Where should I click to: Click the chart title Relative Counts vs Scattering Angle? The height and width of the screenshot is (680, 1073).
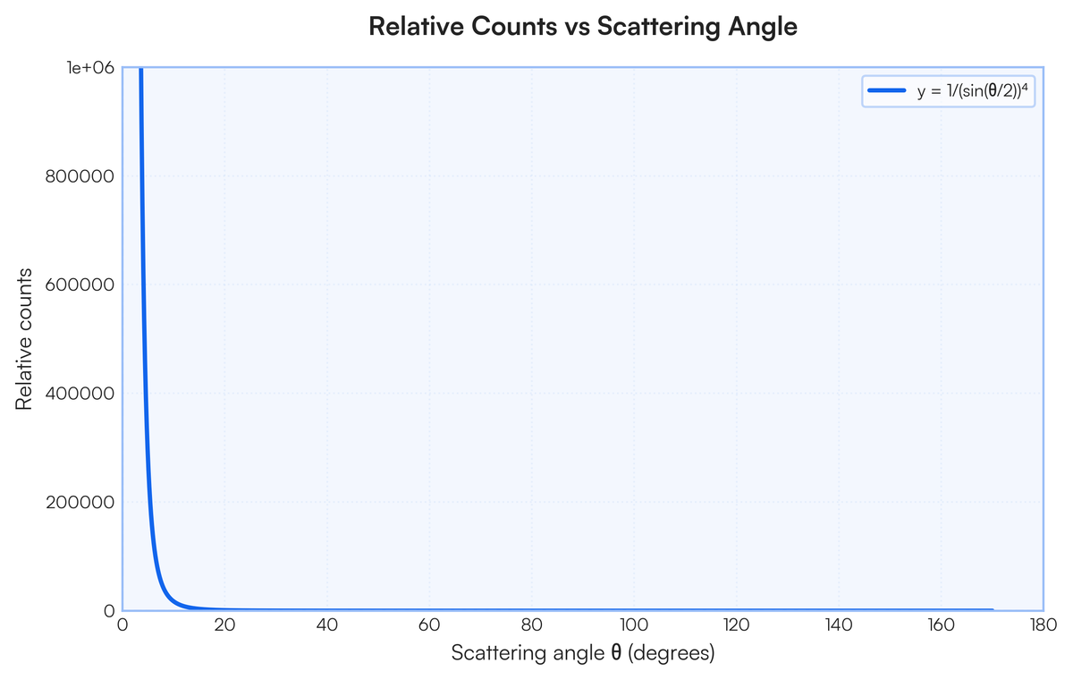tap(582, 28)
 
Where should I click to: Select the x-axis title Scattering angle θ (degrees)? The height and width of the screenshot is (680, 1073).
tap(582, 653)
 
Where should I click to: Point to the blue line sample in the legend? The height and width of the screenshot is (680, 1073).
tap(888, 91)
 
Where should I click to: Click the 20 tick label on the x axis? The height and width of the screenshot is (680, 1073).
tap(224, 625)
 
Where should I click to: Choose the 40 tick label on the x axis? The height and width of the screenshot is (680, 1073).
tap(327, 625)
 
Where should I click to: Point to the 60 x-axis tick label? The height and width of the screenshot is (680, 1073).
tap(429, 625)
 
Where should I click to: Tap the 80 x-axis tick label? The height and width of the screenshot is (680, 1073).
tap(532, 625)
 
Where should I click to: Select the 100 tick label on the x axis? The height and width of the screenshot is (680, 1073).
tap(634, 625)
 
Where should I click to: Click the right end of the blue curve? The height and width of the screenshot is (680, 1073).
tap(992, 609)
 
